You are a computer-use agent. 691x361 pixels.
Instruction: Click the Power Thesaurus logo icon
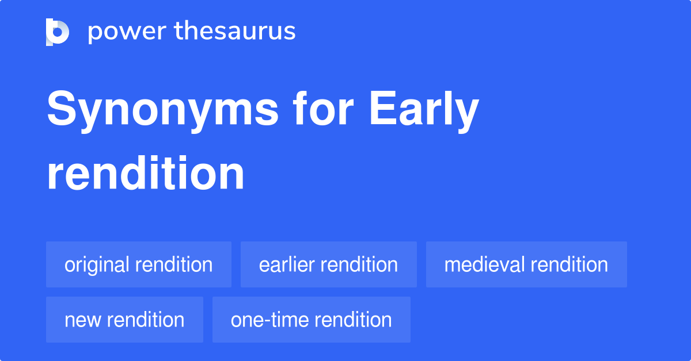pyautogui.click(x=58, y=32)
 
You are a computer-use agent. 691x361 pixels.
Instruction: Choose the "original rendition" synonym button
pyautogui.click(x=138, y=265)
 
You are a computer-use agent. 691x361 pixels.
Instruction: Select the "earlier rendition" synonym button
pyautogui.click(x=328, y=265)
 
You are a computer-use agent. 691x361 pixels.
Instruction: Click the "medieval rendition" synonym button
pyautogui.click(x=526, y=265)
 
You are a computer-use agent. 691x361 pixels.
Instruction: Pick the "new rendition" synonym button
pyautogui.click(x=124, y=320)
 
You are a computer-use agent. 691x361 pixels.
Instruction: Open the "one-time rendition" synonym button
pyautogui.click(x=311, y=320)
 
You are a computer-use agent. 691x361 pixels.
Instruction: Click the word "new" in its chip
pyautogui.click(x=82, y=320)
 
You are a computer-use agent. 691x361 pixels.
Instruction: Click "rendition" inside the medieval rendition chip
pyautogui.click(x=569, y=265)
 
